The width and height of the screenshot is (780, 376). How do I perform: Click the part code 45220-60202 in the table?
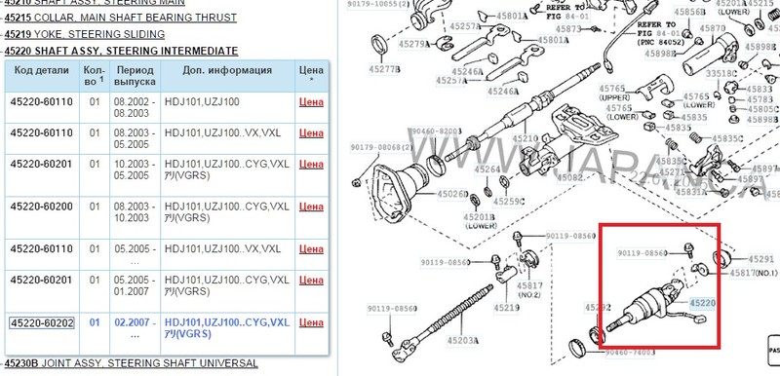tap(40, 322)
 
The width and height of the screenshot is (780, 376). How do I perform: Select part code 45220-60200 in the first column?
tap(40, 207)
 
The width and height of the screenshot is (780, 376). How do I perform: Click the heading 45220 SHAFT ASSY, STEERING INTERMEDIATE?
tap(121, 50)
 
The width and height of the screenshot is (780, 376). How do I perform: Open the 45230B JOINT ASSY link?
tap(131, 363)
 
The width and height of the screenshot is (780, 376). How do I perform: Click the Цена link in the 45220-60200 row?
tap(310, 207)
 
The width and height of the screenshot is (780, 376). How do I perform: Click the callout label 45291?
tap(761, 259)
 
